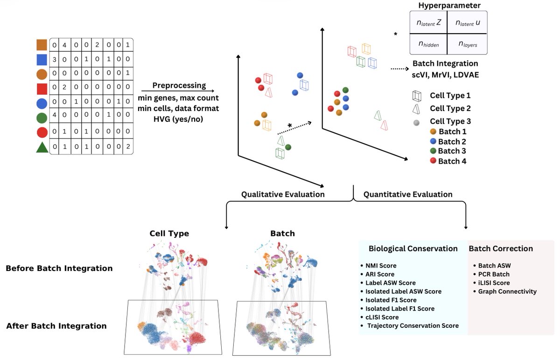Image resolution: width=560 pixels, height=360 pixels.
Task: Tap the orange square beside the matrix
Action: coord(42,45)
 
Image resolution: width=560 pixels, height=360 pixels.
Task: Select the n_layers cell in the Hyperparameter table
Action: coord(467,45)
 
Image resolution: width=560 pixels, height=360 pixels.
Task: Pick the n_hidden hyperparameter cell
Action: coord(428,45)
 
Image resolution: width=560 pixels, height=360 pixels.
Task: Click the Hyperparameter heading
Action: coord(448,5)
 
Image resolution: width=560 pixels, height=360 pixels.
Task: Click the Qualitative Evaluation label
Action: coord(283,194)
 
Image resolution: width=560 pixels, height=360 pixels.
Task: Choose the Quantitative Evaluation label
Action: coord(408,194)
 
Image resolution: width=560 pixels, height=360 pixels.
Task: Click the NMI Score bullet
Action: coord(381,265)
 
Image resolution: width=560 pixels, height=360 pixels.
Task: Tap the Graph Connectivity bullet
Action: coord(507,291)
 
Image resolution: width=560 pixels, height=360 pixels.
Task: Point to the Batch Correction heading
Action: coord(501,249)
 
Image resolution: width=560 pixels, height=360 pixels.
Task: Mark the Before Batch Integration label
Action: coord(59,269)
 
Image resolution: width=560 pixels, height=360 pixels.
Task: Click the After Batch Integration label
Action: coord(56,326)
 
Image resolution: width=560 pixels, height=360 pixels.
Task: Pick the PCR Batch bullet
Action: coord(494,274)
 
